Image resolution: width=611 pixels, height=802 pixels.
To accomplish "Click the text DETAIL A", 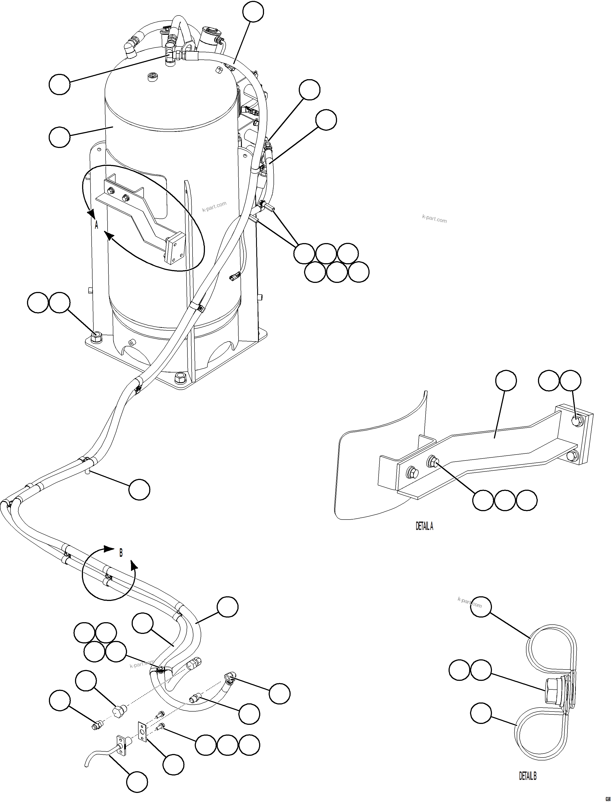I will click(x=424, y=526).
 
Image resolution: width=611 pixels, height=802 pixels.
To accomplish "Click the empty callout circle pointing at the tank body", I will click(x=59, y=137).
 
